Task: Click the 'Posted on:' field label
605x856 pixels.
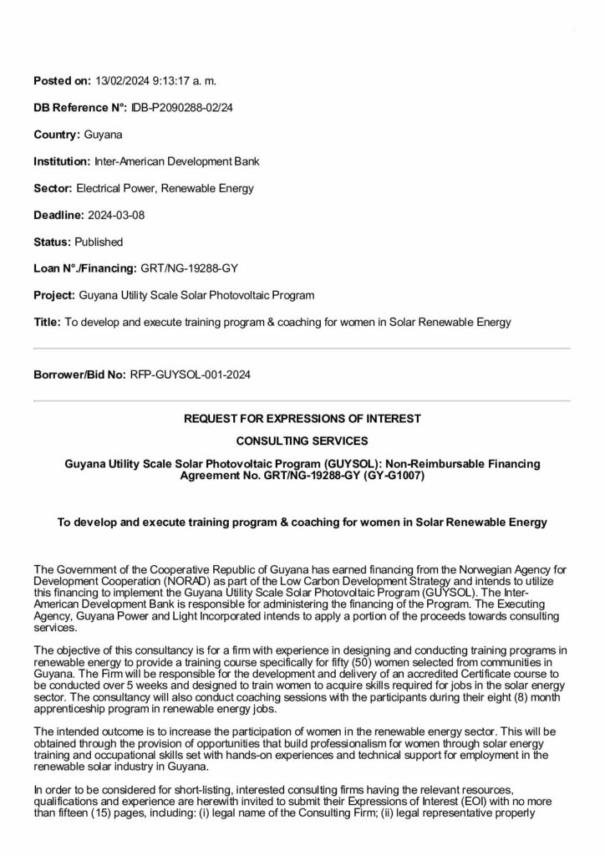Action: [x=62, y=81]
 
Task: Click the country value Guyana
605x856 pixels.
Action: [x=104, y=135]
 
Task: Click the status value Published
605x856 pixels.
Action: [x=99, y=242]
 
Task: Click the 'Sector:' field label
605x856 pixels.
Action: [x=53, y=188]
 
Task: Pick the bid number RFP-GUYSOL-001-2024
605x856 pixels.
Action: [x=191, y=374]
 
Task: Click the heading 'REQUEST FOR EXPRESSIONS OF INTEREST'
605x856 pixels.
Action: [x=302, y=418]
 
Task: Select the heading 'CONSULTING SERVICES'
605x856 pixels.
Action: [x=302, y=440]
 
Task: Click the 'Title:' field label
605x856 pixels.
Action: [x=47, y=322]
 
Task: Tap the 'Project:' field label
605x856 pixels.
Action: [x=53, y=295]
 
